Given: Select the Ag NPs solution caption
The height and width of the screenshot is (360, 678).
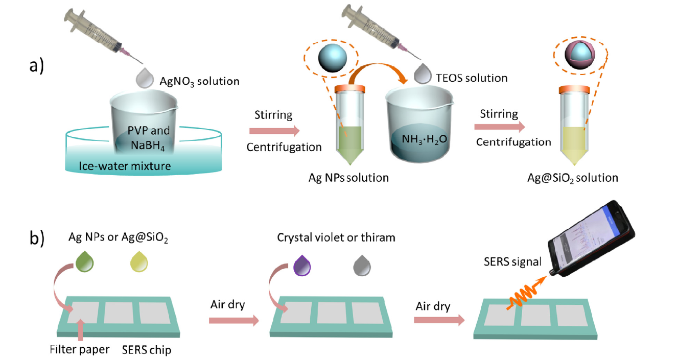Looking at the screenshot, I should click(x=348, y=178).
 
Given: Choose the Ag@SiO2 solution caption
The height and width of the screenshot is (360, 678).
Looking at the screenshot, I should click(x=573, y=178).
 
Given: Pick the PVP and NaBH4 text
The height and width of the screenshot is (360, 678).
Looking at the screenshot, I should click(x=149, y=137).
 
